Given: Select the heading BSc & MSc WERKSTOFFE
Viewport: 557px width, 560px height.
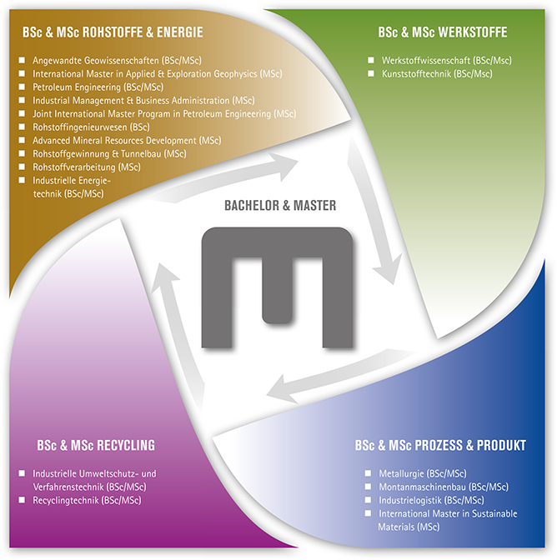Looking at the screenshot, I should tap(443, 32).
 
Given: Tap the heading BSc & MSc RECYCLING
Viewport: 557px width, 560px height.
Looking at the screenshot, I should tap(96, 445).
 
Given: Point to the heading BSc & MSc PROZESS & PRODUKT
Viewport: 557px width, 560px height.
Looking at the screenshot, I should tap(441, 445).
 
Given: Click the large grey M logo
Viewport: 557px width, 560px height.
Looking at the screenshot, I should tap(278, 286).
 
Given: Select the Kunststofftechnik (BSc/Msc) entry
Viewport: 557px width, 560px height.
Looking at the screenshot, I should tap(436, 74).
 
